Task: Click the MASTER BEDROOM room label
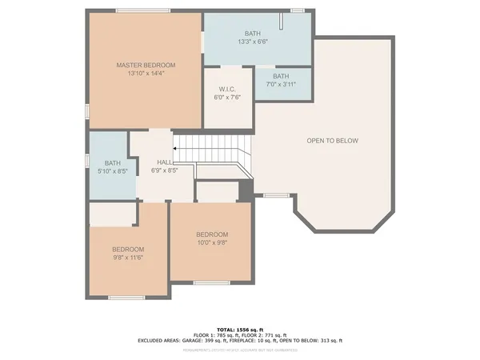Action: point(146,65)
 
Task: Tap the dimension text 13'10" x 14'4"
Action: point(146,74)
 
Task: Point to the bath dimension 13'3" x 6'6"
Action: point(253,42)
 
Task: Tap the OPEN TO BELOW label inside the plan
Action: point(332,141)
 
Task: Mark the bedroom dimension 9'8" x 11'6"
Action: point(128,258)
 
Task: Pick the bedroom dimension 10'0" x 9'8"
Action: point(212,242)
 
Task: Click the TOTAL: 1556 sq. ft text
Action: point(239,328)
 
